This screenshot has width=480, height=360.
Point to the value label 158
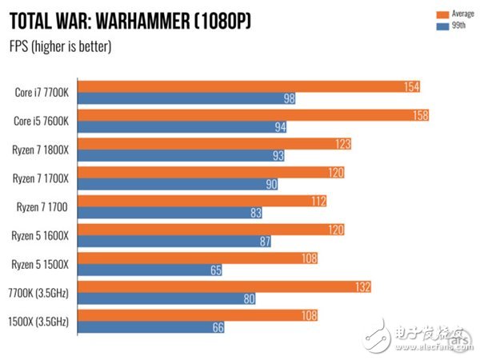419,115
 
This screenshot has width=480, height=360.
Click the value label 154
411,86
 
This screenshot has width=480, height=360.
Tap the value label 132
364,286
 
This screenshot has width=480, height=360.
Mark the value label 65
216,271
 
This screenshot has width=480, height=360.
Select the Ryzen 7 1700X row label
40,178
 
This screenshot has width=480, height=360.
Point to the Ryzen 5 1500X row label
40,264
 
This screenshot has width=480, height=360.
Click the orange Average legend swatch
442,14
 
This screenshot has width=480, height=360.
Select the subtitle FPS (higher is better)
60,46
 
